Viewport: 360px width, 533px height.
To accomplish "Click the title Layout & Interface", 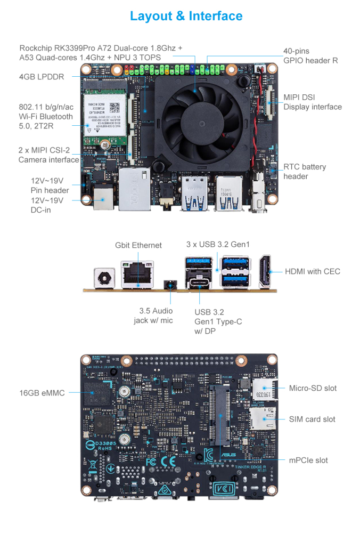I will tap(186, 16).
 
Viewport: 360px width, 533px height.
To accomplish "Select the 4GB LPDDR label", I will tap(42, 77).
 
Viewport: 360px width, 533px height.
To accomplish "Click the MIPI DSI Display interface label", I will tap(312, 102).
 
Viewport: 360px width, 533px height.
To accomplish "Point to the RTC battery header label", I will tap(304, 172).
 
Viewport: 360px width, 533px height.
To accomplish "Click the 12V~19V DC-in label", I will tap(47, 205).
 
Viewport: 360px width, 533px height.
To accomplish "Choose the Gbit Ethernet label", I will tap(138, 245).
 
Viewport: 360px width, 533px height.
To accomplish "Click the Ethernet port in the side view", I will tap(137, 273).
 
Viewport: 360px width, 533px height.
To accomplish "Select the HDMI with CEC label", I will tap(312, 271).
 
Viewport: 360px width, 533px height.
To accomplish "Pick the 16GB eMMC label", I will tap(42, 393).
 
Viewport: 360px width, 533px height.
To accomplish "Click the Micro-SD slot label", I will tap(313, 388).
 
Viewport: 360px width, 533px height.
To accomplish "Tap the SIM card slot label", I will tap(312, 419).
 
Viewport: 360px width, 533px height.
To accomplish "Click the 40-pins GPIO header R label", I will tap(310, 56).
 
